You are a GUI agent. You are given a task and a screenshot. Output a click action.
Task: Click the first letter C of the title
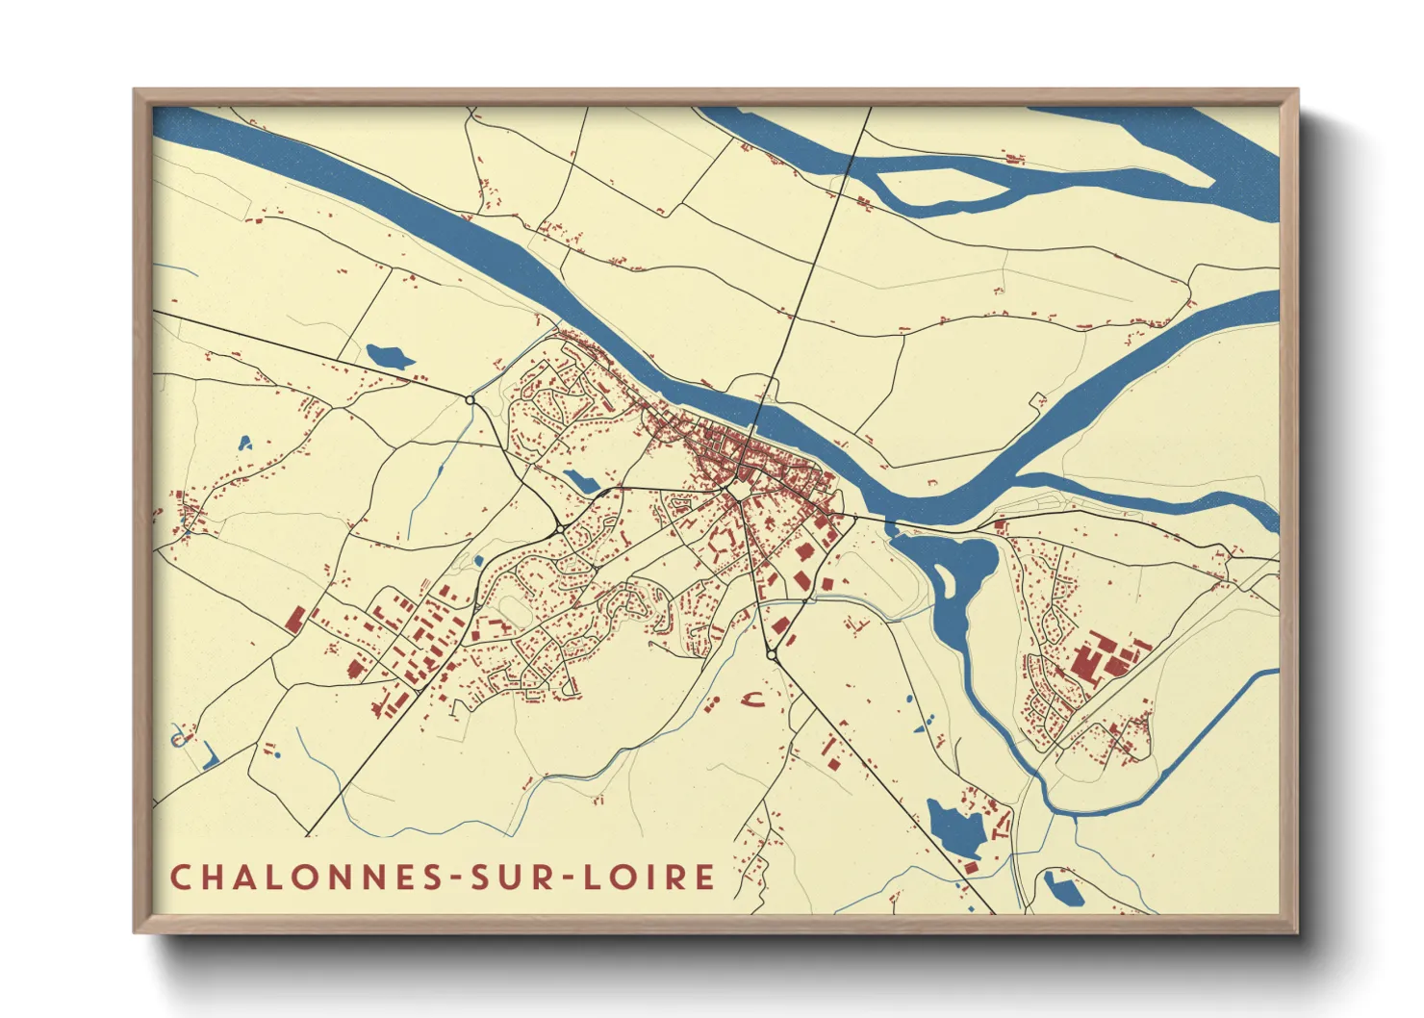pyautogui.click(x=180, y=877)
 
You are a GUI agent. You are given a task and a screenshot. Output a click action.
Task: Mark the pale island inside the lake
pyautogui.click(x=946, y=581)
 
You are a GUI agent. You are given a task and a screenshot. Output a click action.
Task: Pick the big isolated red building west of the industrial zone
pyautogui.click(x=294, y=620)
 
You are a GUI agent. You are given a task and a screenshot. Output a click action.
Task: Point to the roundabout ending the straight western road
pyautogui.click(x=470, y=399)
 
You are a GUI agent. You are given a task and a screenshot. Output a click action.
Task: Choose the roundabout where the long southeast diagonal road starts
pyautogui.click(x=772, y=654)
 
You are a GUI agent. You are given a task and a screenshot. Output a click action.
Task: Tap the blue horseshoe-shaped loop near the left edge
pyautogui.click(x=177, y=738)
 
